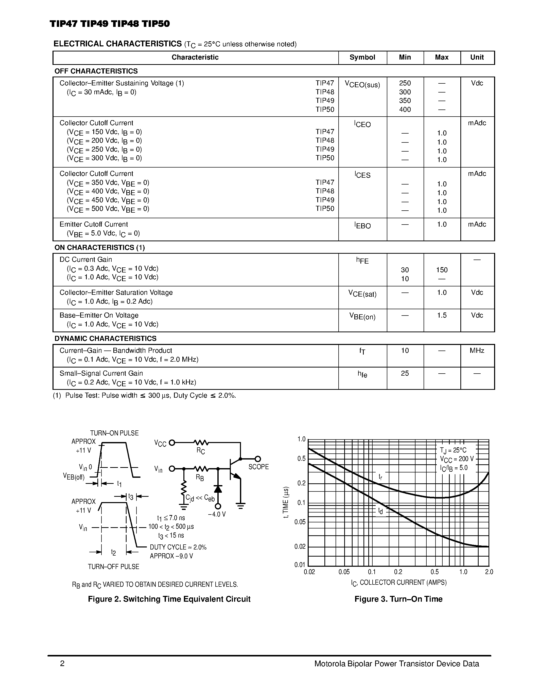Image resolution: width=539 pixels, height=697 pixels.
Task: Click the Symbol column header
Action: point(362,58)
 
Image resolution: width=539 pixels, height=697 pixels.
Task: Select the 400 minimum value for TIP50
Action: point(405,109)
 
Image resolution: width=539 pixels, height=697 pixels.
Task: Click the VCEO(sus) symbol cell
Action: point(362,85)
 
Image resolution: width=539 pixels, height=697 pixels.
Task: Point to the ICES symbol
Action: point(362,175)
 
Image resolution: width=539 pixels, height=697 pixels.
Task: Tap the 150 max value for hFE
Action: point(442,270)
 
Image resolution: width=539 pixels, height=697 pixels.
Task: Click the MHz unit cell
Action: point(477,351)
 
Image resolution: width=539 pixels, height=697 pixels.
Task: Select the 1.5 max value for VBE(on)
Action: point(442,315)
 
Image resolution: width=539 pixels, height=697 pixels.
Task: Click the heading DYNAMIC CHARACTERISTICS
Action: point(105,338)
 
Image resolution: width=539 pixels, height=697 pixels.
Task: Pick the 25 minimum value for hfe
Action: point(405,373)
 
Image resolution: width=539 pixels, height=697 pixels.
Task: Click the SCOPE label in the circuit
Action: point(258,467)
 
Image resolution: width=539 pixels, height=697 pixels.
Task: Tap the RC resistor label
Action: point(201,451)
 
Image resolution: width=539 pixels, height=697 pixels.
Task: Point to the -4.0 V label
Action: point(217,515)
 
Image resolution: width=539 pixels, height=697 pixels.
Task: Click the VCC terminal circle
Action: point(172,443)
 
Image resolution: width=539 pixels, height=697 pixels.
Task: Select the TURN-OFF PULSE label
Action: point(113,567)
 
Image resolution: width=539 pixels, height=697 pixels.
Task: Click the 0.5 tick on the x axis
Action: point(434,572)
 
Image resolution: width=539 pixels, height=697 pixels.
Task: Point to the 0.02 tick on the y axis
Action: point(300,547)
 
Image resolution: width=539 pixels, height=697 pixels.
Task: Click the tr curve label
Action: point(380,477)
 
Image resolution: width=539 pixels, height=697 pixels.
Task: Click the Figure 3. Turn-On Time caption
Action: point(398,599)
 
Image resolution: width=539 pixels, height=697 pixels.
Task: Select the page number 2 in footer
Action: point(62,664)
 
